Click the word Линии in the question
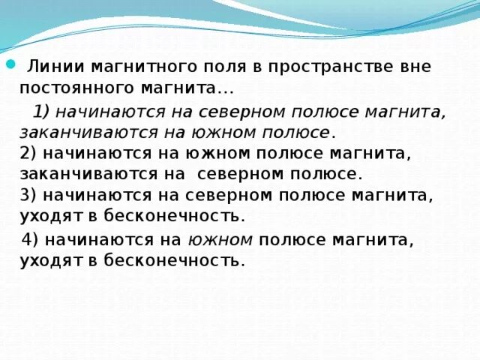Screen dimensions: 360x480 (x=50, y=66)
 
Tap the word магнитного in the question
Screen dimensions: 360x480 (x=125, y=66)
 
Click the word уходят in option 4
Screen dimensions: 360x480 (x=49, y=260)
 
